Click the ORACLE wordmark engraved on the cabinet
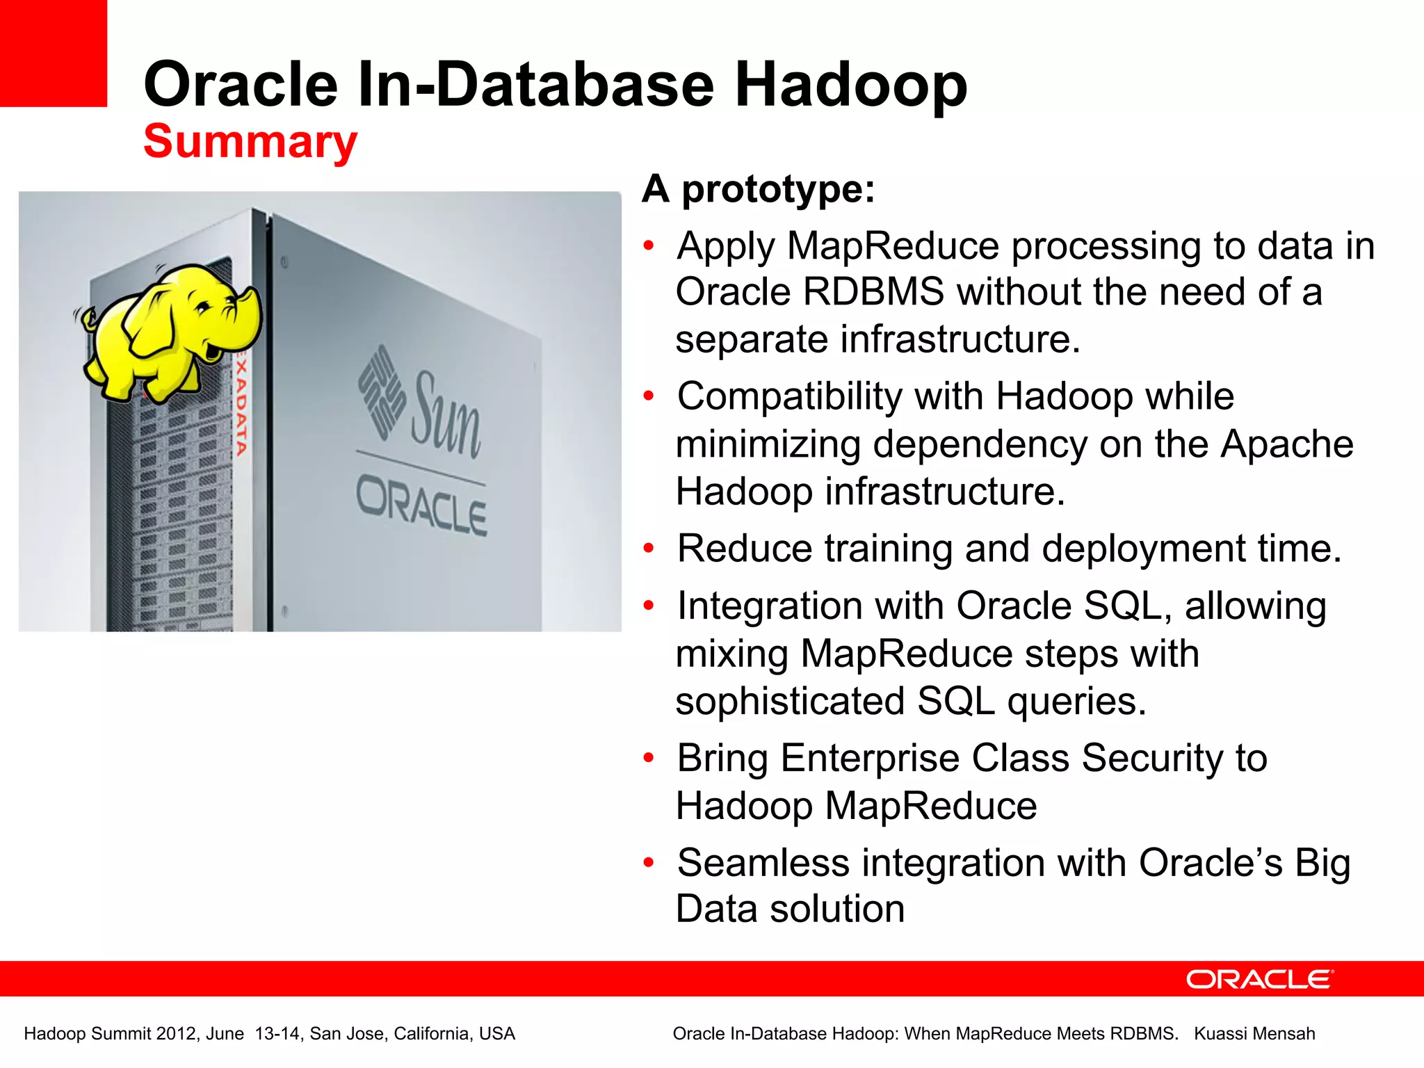(x=421, y=506)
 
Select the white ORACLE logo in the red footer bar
(x=1259, y=979)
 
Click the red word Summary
(x=250, y=141)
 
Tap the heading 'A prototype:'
(x=758, y=188)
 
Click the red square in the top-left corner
(x=53, y=53)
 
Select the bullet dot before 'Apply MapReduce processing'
(x=649, y=246)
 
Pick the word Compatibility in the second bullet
(x=789, y=397)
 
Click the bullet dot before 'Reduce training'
(x=649, y=549)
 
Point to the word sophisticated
(x=789, y=701)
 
